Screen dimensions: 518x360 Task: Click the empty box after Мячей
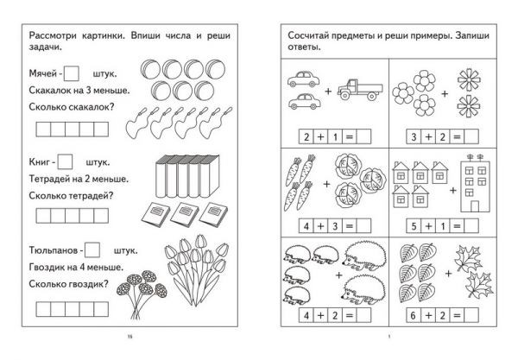click(72, 73)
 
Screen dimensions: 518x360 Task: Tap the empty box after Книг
click(65, 161)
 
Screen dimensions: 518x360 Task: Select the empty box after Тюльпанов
click(92, 250)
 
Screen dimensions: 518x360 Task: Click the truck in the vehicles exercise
click(360, 89)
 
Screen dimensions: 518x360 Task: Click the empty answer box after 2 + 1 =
click(364, 136)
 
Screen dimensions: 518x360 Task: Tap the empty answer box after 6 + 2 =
click(471, 315)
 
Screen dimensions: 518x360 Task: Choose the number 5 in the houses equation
click(414, 226)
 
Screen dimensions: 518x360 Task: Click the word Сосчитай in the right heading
click(306, 35)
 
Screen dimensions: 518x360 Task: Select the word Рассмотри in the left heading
click(53, 35)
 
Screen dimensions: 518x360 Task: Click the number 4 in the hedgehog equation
click(306, 315)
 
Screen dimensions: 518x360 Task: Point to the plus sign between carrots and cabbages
click(326, 184)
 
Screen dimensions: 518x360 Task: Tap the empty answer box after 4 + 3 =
click(364, 226)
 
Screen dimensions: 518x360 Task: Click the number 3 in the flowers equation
click(414, 136)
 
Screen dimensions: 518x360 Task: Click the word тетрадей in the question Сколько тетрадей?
click(89, 196)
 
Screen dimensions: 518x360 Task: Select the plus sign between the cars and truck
click(328, 91)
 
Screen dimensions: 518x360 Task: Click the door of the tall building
click(475, 206)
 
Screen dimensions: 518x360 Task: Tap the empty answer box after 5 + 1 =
click(471, 226)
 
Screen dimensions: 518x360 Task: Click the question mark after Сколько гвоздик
click(105, 283)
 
